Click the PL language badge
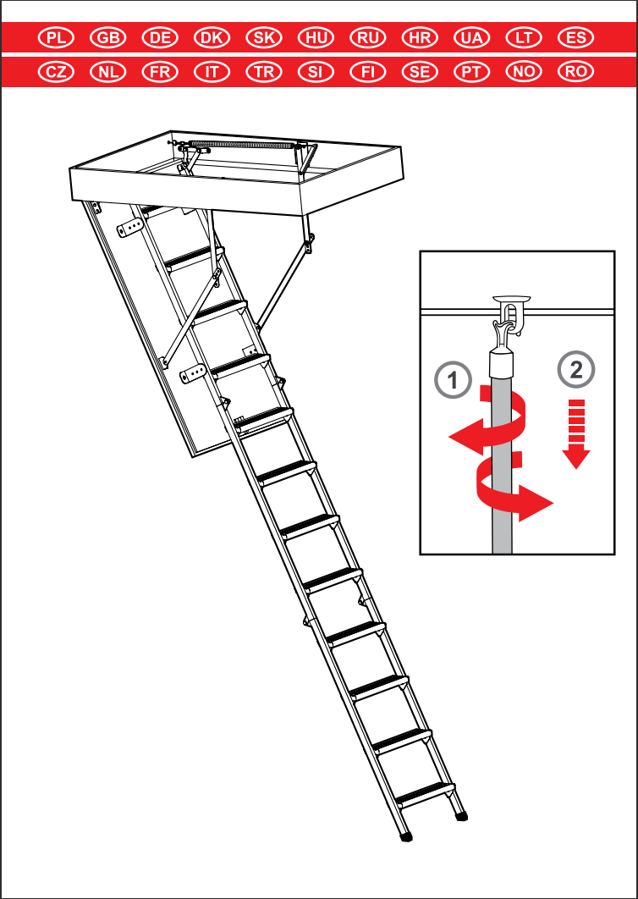tap(56, 38)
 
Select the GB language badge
tap(108, 38)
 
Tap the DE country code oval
tap(160, 38)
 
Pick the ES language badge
tap(576, 38)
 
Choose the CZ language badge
tap(56, 72)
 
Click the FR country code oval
tap(160, 72)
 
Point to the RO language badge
tap(576, 72)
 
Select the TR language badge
tap(264, 72)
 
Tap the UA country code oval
tap(472, 38)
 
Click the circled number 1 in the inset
tap(454, 380)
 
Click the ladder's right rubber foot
tap(461, 815)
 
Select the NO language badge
tap(524, 72)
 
